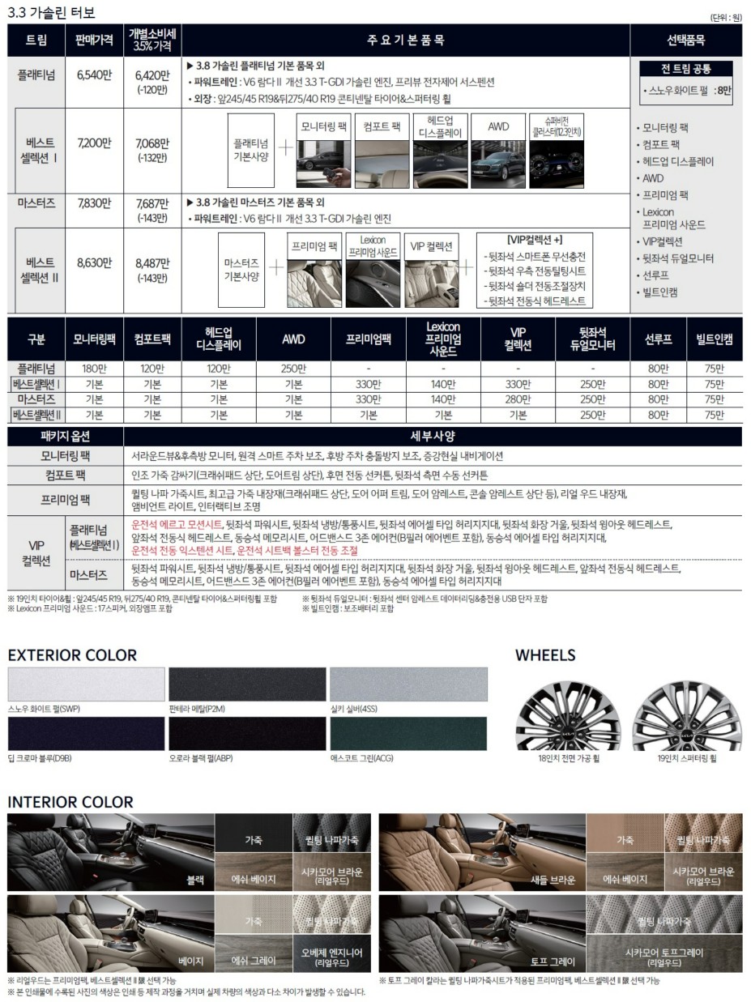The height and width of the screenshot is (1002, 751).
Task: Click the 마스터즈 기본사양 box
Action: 241,270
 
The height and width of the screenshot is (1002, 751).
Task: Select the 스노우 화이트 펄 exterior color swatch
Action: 86,684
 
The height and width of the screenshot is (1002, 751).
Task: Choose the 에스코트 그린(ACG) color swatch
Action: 409,733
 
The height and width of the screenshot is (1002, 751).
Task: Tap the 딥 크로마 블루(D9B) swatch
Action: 86,733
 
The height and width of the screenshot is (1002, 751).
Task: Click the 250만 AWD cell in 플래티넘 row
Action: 293,369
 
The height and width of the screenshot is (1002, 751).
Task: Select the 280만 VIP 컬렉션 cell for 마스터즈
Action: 518,399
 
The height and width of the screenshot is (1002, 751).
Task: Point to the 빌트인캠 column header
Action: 714,339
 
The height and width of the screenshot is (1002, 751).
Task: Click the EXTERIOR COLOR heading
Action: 72,654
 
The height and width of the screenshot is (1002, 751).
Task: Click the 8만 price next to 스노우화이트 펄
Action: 723,92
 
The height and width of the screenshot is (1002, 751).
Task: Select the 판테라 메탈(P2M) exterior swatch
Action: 247,684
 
